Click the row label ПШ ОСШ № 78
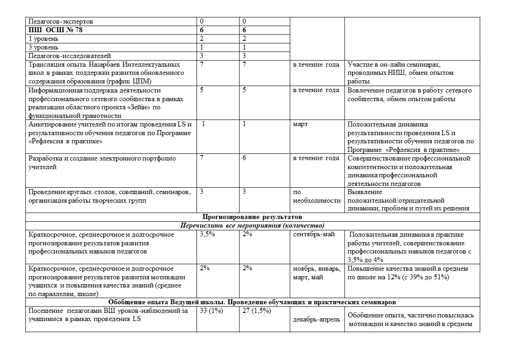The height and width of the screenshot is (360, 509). click(x=55, y=30)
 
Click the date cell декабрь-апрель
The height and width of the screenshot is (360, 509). click(x=317, y=319)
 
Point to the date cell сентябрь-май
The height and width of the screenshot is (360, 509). click(x=314, y=234)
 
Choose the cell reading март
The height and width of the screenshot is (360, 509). click(x=301, y=124)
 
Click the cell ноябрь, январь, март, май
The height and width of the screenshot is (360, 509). click(x=316, y=273)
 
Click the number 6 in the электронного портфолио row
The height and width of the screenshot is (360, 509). click(x=244, y=158)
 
